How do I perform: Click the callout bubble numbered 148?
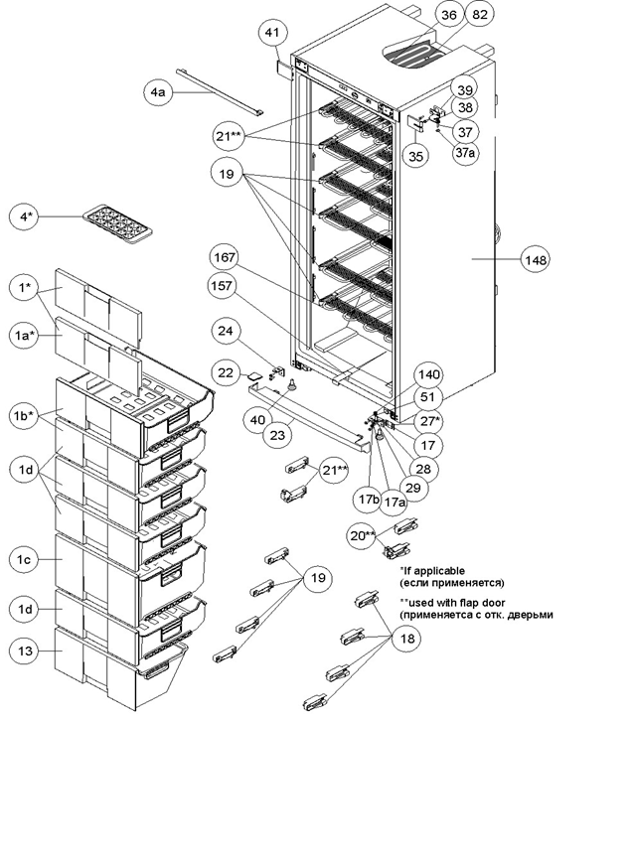click(536, 259)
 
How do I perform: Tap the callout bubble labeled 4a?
click(158, 92)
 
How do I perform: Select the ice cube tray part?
click(116, 223)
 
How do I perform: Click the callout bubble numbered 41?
click(273, 33)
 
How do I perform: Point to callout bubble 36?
click(449, 15)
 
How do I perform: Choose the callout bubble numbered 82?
click(480, 15)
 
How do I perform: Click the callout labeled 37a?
click(465, 153)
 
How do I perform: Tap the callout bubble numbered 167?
click(225, 257)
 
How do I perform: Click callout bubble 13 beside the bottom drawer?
click(25, 650)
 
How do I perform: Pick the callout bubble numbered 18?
click(407, 639)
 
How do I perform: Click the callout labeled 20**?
click(363, 535)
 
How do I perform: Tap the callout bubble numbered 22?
click(226, 373)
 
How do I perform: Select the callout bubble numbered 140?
click(428, 375)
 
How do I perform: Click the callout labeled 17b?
click(369, 499)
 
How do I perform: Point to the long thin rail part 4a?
click(220, 92)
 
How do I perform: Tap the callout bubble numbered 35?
click(415, 156)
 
